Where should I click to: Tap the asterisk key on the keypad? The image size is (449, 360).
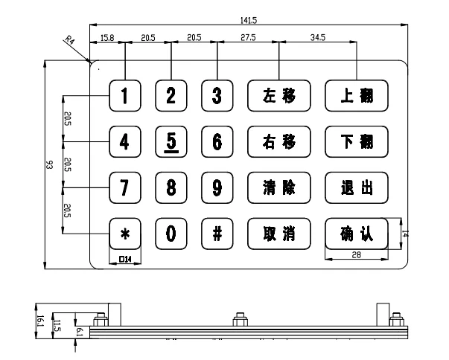click(x=125, y=233)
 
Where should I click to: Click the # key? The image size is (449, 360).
click(x=217, y=233)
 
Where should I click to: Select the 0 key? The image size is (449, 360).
click(x=171, y=233)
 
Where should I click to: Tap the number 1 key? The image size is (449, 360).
click(x=125, y=95)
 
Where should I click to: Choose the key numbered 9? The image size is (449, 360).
click(x=217, y=187)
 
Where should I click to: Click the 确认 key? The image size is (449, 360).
click(x=356, y=233)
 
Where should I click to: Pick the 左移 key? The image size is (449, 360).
click(x=278, y=95)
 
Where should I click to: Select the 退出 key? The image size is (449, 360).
click(x=356, y=187)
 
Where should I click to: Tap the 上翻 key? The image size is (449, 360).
click(x=356, y=95)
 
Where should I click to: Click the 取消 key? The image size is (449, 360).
click(x=278, y=233)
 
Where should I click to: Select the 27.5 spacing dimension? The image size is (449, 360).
click(x=247, y=37)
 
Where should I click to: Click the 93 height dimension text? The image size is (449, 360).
click(x=48, y=167)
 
